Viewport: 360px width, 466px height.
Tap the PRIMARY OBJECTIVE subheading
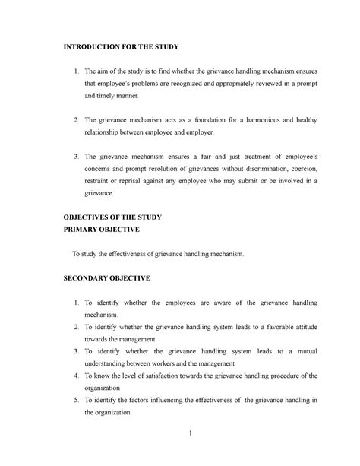pos(103,230)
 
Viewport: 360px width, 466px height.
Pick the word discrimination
pos(246,167)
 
